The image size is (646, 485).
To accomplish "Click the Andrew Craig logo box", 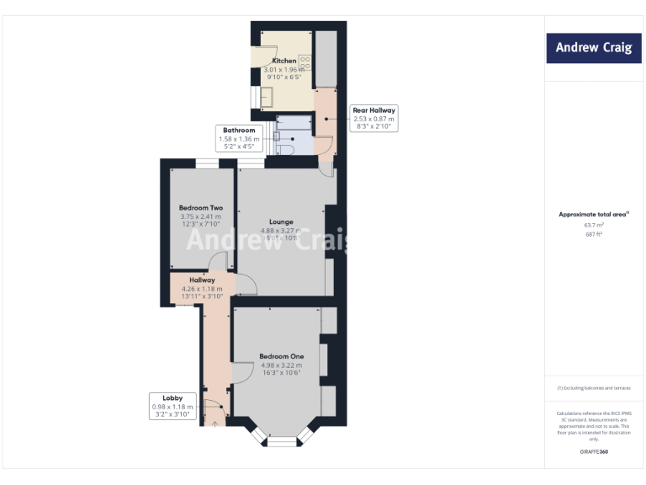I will point(592,48).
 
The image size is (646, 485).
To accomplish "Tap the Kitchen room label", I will point(283,61).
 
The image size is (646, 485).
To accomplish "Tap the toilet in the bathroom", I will point(287,149).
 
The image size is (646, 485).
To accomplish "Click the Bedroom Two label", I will point(200,207).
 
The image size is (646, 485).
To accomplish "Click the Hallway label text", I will point(202,280).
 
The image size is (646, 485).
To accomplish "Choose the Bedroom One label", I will point(282,356).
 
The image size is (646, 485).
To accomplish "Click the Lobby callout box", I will point(172,406).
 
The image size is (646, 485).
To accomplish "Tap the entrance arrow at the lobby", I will point(215,424).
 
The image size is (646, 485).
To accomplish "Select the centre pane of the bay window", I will point(283,440).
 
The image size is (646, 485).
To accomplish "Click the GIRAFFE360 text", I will point(593,452).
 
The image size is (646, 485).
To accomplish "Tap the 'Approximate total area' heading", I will point(592,215).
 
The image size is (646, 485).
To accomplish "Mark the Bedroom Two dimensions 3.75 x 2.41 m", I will point(200,217).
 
